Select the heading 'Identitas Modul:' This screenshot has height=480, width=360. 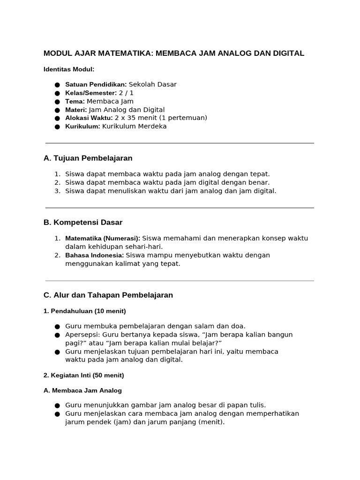(x=69, y=69)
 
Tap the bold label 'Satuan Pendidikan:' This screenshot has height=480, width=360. (x=96, y=84)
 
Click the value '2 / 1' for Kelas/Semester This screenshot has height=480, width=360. (x=126, y=93)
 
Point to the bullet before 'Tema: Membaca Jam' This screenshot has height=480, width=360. (x=57, y=102)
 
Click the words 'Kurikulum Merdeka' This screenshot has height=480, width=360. (x=134, y=127)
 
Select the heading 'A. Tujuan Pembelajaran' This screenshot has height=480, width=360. (x=88, y=158)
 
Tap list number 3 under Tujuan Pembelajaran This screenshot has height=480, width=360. (x=57, y=191)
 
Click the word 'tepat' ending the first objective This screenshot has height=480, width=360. (x=260, y=174)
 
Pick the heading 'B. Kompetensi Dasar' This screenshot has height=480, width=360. (x=83, y=222)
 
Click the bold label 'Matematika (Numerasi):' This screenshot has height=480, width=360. (x=103, y=239)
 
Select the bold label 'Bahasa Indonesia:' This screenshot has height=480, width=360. (x=94, y=255)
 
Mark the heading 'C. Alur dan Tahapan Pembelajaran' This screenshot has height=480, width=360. (x=108, y=295)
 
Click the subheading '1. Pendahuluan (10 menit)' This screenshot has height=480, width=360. (x=85, y=311)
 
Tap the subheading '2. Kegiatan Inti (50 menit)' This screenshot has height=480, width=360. (x=84, y=375)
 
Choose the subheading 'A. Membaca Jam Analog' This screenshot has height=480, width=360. (x=82, y=390)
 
